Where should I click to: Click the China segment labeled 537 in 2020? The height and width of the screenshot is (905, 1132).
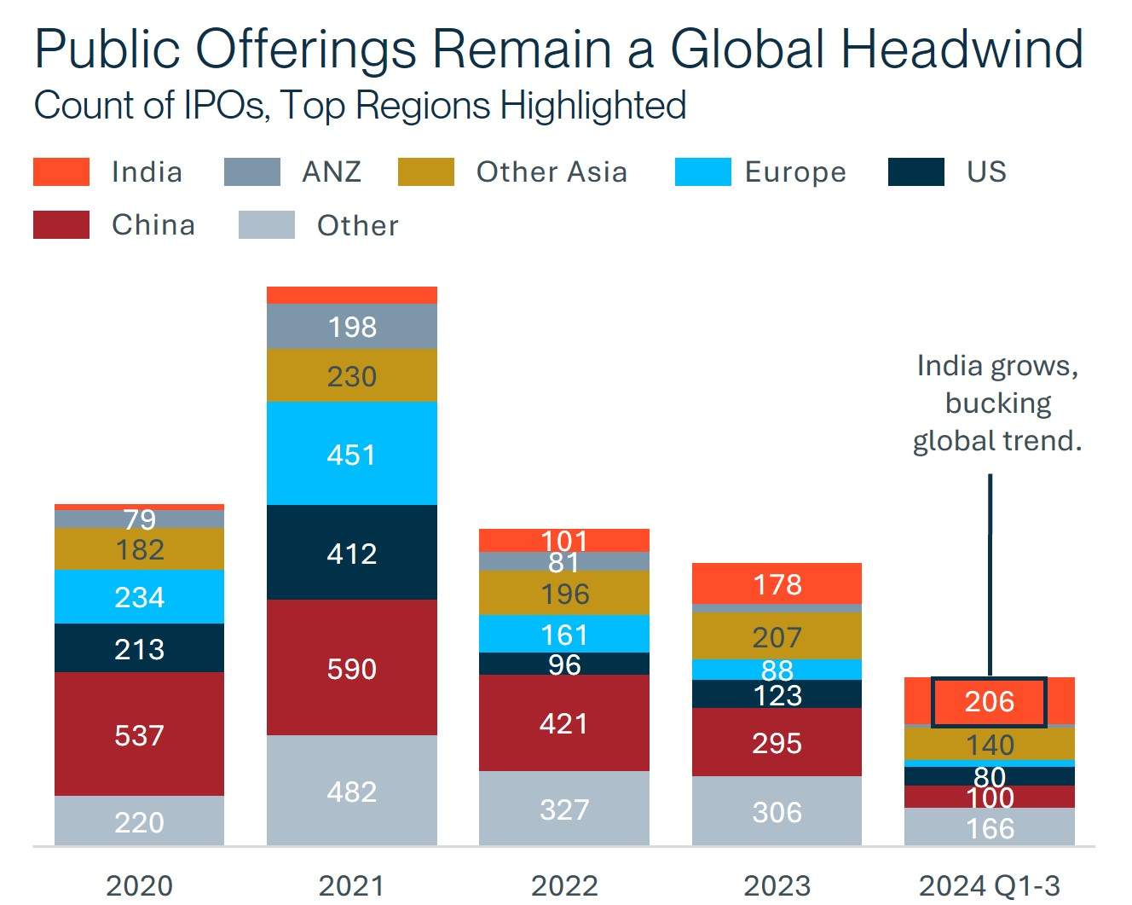139,734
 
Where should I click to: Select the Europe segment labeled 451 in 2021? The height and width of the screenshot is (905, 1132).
351,454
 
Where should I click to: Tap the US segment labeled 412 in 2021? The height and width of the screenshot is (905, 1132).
351,553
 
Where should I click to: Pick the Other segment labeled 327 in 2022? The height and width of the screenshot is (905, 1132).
564,809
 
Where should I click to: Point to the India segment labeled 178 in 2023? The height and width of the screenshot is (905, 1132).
777,584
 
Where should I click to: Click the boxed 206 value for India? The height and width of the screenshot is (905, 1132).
989,702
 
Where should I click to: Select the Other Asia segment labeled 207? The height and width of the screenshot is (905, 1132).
777,636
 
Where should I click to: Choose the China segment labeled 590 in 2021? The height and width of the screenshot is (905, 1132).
351,668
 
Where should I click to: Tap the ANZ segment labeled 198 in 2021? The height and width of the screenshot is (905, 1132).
351,327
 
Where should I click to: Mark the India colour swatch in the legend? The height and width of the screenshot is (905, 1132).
61,171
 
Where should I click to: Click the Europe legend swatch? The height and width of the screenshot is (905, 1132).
702,171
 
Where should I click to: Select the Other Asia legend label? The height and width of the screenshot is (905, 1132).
552,171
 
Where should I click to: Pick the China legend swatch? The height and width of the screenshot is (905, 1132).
61,225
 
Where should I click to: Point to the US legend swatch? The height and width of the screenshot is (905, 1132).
915,171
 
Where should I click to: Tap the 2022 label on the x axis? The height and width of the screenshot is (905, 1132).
564,885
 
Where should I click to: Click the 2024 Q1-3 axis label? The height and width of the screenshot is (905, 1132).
989,885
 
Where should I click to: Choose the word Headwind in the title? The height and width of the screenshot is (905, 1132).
962,49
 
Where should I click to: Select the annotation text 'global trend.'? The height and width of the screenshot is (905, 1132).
996,440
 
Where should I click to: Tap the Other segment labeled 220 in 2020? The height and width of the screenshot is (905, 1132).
139,821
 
